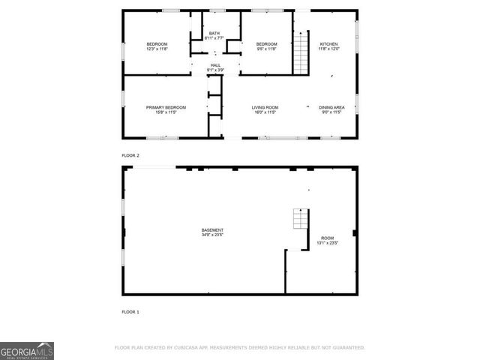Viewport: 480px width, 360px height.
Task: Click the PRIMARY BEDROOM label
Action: coord(166,107)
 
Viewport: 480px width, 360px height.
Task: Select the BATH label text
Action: coord(214,34)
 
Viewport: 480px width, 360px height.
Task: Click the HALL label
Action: coord(215,66)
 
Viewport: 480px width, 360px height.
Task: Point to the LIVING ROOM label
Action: coord(265,107)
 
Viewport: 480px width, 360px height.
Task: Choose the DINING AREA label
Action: coord(331,107)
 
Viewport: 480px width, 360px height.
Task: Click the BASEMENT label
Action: coord(212,229)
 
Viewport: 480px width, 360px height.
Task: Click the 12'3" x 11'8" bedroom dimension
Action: coord(157,49)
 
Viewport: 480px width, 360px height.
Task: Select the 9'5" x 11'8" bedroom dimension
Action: coord(267,49)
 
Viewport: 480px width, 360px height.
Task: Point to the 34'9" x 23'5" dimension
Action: coord(212,235)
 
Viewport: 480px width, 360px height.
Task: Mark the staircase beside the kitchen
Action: coord(301,52)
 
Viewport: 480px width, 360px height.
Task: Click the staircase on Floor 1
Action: coord(299,218)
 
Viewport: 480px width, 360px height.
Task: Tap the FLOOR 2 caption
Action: coord(130,155)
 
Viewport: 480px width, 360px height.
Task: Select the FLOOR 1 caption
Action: coord(130,311)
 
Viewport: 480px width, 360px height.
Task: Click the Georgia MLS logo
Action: coord(27,351)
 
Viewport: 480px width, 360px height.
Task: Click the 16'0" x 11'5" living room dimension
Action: coord(265,112)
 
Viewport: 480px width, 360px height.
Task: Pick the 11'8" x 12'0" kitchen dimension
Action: coord(330,49)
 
